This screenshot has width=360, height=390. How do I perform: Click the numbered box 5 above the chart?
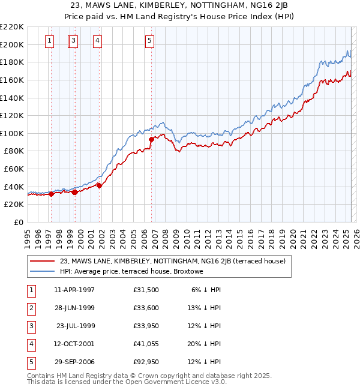point(149,41)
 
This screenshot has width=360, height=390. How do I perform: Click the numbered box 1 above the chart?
point(49,41)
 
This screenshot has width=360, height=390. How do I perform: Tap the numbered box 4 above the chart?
point(97,41)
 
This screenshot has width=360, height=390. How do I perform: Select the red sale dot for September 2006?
point(151,140)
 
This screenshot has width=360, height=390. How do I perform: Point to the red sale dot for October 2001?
point(99,185)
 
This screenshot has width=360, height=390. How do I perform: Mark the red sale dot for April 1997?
point(51,194)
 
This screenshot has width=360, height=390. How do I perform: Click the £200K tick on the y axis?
point(12,44)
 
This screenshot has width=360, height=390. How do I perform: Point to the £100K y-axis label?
point(12,133)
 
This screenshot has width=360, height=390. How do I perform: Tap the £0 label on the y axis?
point(19,222)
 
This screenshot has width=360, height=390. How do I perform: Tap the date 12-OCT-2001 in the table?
point(74,343)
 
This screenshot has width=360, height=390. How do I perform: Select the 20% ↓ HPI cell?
point(206,343)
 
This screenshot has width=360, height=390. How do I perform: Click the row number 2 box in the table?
point(31,307)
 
